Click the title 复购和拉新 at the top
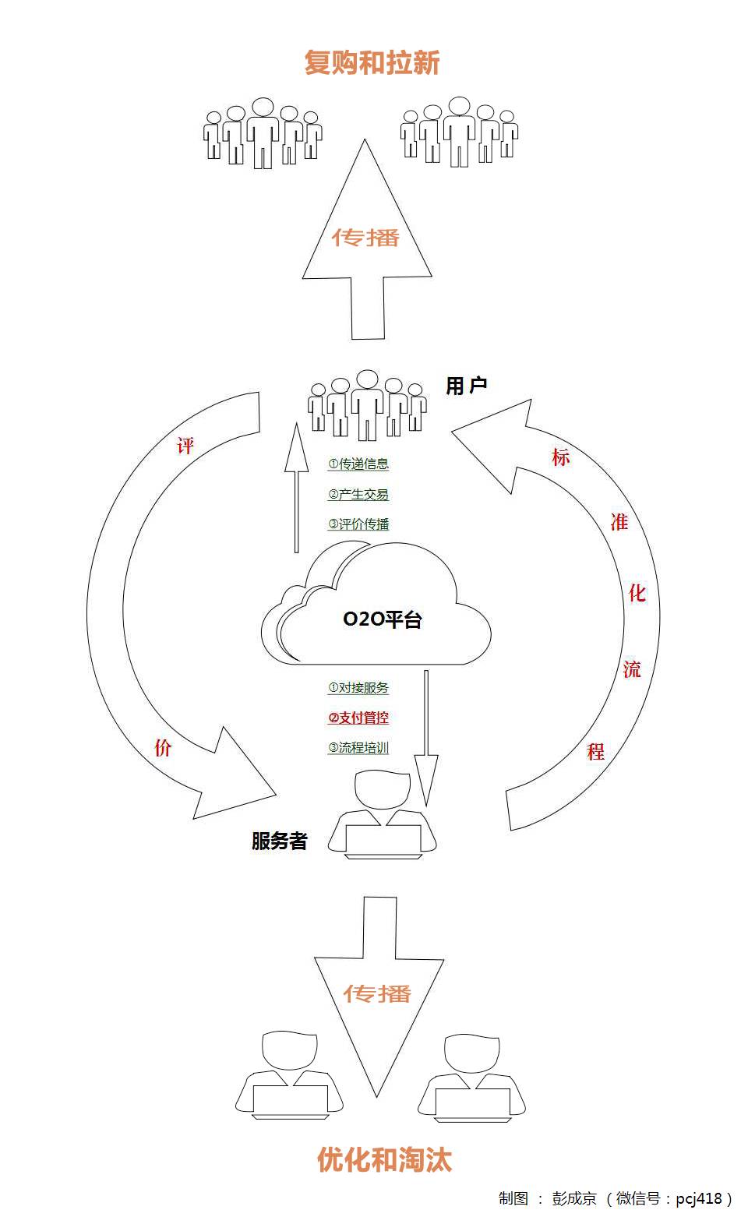click(372, 62)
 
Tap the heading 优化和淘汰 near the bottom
click(384, 1159)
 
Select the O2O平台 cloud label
click(383, 619)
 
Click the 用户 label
click(466, 385)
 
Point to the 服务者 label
click(279, 841)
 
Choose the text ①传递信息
click(358, 464)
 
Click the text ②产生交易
click(358, 495)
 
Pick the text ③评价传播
click(358, 524)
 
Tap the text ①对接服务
click(358, 688)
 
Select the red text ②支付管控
click(358, 718)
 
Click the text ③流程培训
click(358, 748)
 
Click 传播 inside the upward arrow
click(366, 237)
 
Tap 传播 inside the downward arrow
click(378, 993)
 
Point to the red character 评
click(185, 446)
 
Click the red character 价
click(162, 748)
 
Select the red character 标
click(560, 457)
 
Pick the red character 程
click(596, 752)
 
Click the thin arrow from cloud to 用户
click(296, 491)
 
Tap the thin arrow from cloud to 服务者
click(425, 732)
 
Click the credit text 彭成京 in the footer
click(574, 1198)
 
